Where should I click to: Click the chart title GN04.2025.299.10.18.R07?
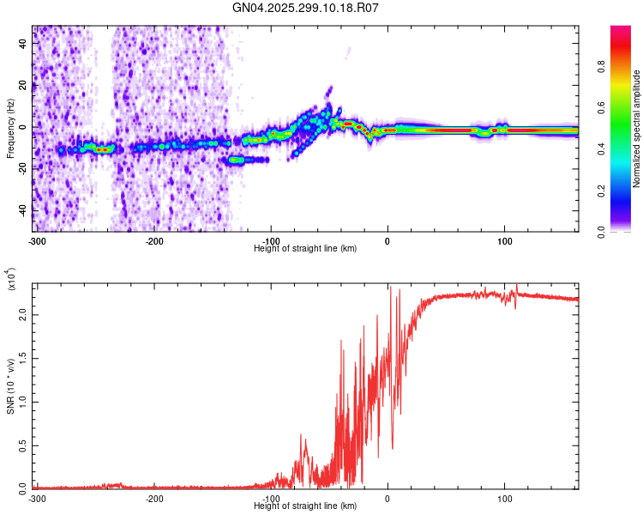(x=306, y=8)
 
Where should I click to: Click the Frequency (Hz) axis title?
(x=10, y=129)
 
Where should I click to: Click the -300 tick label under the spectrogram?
(x=36, y=239)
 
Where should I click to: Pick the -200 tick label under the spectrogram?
(x=154, y=239)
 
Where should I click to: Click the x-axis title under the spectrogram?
(x=306, y=248)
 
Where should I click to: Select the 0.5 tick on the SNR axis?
(x=21, y=445)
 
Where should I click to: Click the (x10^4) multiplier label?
(x=12, y=280)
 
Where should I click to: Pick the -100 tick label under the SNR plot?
(x=271, y=499)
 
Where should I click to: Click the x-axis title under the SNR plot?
(x=306, y=507)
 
